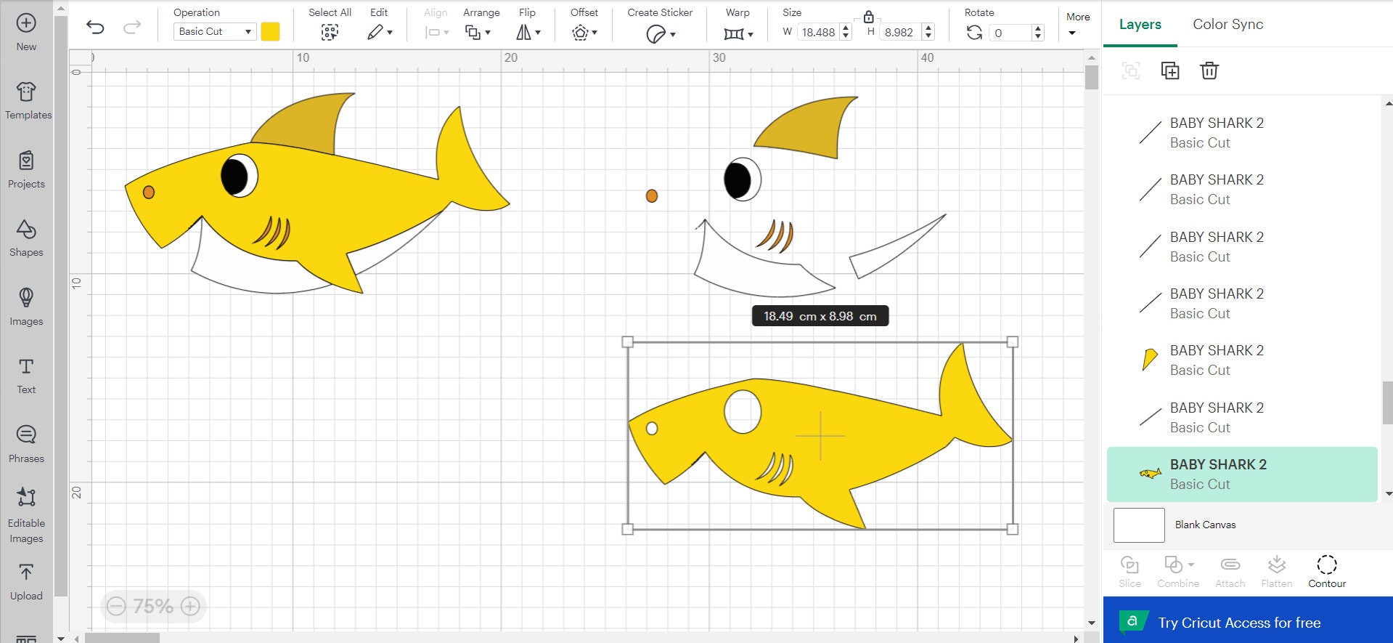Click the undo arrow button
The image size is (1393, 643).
pos(95,28)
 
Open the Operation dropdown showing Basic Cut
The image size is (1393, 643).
pos(214,31)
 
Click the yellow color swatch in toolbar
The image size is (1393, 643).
pos(270,31)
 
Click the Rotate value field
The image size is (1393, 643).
pos(1010,33)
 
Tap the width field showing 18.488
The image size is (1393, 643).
pos(818,32)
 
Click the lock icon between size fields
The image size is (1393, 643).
pos(868,16)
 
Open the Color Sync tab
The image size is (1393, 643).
pos(1227,24)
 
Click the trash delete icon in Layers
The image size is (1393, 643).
pos(1209,70)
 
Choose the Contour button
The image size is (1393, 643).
pos(1326,571)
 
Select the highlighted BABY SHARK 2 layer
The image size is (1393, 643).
pos(1241,474)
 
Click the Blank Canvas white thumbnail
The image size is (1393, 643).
pos(1138,525)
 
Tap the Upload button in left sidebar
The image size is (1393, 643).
pos(26,581)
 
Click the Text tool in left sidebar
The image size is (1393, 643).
pos(26,374)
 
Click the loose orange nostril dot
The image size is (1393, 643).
pos(652,195)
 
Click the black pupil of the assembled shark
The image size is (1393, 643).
pos(233,177)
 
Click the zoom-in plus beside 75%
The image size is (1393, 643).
pos(190,606)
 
